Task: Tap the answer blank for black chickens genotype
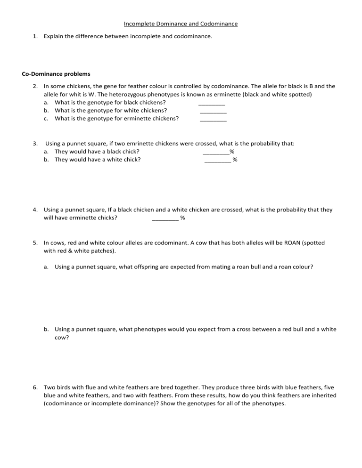pyautogui.click(x=212, y=103)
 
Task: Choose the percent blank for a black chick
pyautogui.click(x=215, y=152)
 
